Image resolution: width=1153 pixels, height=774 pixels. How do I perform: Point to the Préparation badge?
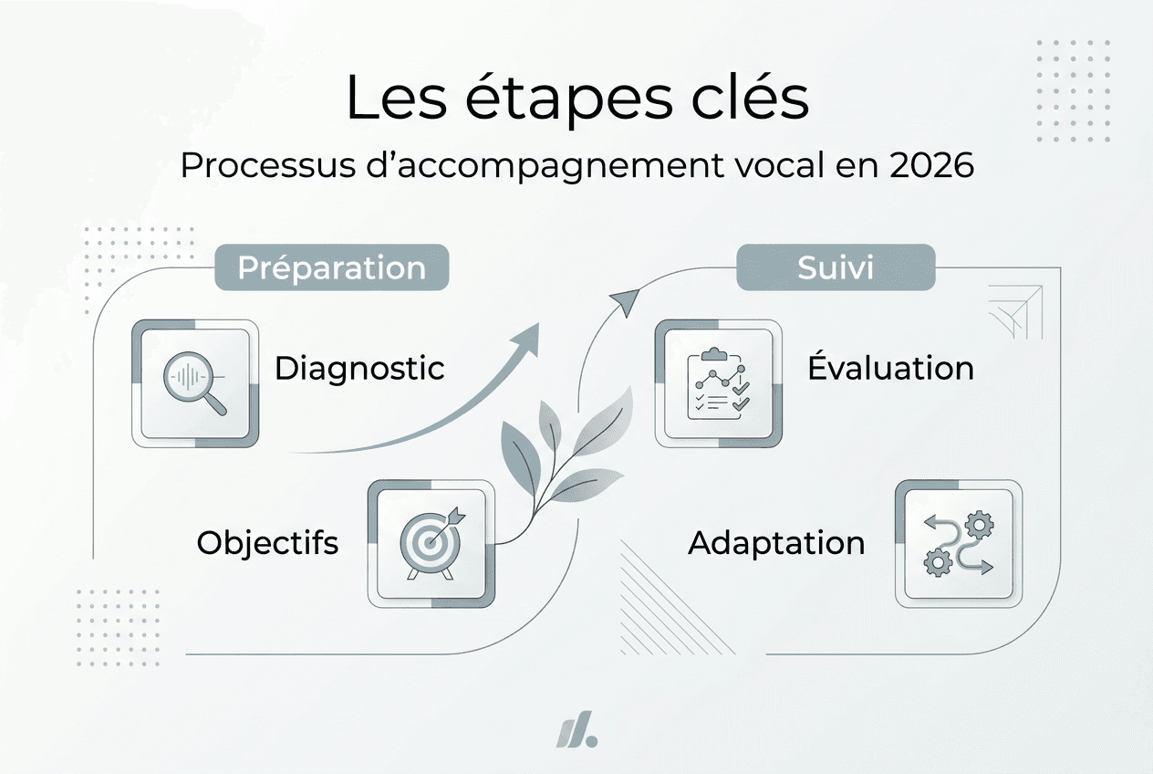(332, 267)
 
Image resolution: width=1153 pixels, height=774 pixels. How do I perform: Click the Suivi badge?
(836, 267)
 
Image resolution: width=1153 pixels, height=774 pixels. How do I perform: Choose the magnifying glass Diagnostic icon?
(195, 383)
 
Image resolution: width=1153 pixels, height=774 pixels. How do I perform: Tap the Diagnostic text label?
(359, 369)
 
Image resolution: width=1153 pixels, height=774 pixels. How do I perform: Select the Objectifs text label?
(267, 543)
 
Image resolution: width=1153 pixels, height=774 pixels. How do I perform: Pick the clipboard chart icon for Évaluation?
(718, 383)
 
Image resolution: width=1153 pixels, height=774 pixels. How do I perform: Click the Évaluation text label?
(890, 369)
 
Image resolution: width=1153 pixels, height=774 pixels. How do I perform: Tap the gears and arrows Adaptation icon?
(958, 544)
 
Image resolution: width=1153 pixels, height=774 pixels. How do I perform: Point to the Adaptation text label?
(776, 543)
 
